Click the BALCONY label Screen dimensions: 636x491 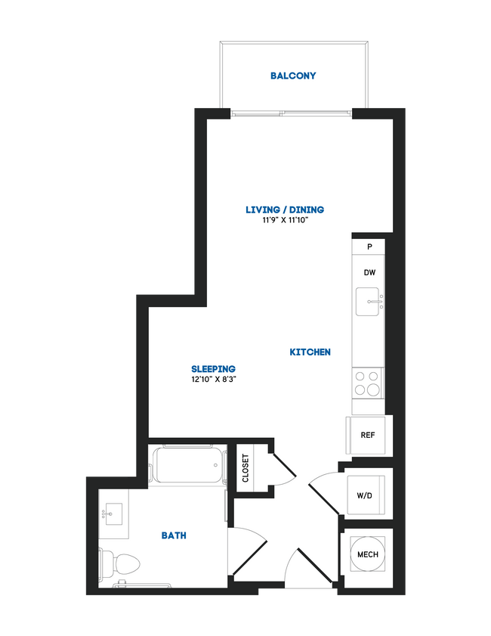click(293, 76)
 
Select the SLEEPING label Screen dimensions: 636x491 click(214, 369)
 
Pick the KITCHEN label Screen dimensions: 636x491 click(310, 352)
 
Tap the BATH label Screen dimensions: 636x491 click(174, 535)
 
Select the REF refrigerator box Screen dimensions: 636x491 click(368, 435)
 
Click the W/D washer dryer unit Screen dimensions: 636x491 click(365, 495)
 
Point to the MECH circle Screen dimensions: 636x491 click(367, 555)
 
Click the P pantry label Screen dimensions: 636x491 click(369, 247)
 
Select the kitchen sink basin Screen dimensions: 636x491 click(370, 302)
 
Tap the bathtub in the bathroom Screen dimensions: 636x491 click(189, 465)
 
